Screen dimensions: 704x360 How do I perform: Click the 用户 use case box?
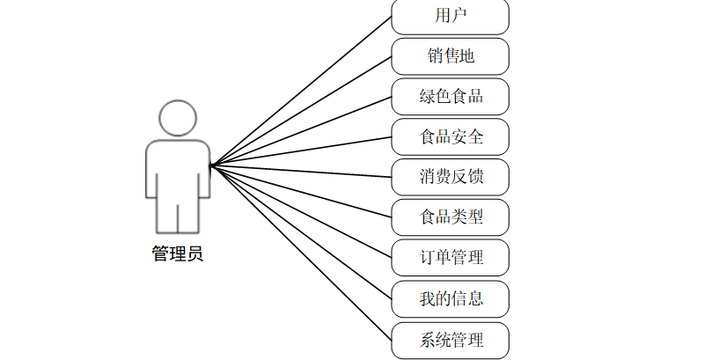[x=450, y=16]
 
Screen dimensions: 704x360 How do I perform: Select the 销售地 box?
[x=450, y=56]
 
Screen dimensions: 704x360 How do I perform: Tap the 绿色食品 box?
[x=450, y=96]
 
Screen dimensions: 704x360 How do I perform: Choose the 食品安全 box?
[x=450, y=136]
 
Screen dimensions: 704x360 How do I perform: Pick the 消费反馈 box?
[x=450, y=177]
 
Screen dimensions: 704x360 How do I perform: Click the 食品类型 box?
[x=450, y=217]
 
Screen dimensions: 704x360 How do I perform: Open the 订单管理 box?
[x=450, y=258]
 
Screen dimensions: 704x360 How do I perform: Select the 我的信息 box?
[x=450, y=298]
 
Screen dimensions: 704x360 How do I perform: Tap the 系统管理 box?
[x=450, y=340]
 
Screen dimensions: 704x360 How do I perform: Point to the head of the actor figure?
[x=177, y=118]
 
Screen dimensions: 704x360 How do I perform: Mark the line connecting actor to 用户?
[x=299, y=92]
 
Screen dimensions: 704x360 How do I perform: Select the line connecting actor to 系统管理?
[x=299, y=250]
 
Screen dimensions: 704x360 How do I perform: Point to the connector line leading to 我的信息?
[x=299, y=230]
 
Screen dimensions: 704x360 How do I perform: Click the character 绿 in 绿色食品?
[x=428, y=96]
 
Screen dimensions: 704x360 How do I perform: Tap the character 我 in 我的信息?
[x=428, y=298]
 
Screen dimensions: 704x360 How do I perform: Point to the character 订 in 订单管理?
[x=428, y=258]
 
